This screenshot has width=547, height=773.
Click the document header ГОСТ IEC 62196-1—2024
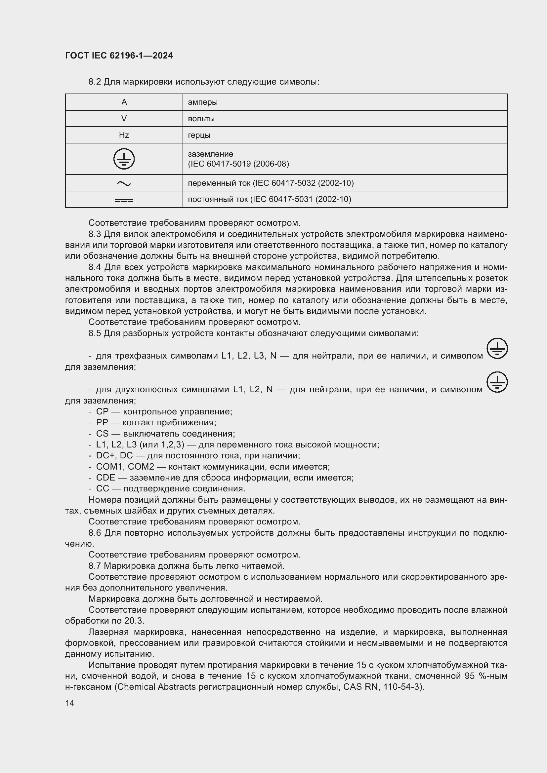[119, 56]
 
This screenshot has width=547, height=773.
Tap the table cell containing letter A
[124, 102]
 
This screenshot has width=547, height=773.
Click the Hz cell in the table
[124, 135]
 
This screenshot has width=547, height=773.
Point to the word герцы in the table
[199, 135]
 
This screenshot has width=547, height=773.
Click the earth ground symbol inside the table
[124, 159]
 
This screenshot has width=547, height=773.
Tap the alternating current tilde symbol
[124, 183]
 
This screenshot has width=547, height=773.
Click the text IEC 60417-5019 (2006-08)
[238, 164]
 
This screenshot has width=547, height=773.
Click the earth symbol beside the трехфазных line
[497, 348]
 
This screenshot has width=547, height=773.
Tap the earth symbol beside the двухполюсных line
[497, 382]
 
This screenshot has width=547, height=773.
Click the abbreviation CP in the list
[103, 412]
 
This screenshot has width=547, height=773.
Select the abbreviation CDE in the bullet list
[105, 478]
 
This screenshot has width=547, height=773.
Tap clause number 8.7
[95, 566]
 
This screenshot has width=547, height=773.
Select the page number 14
[70, 703]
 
